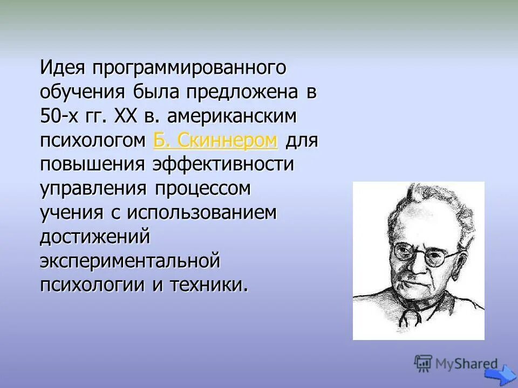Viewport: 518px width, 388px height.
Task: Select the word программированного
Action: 188,69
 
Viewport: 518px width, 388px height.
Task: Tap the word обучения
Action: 80,93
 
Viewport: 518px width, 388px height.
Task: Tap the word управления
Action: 94,189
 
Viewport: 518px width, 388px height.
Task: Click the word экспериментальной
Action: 130,260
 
